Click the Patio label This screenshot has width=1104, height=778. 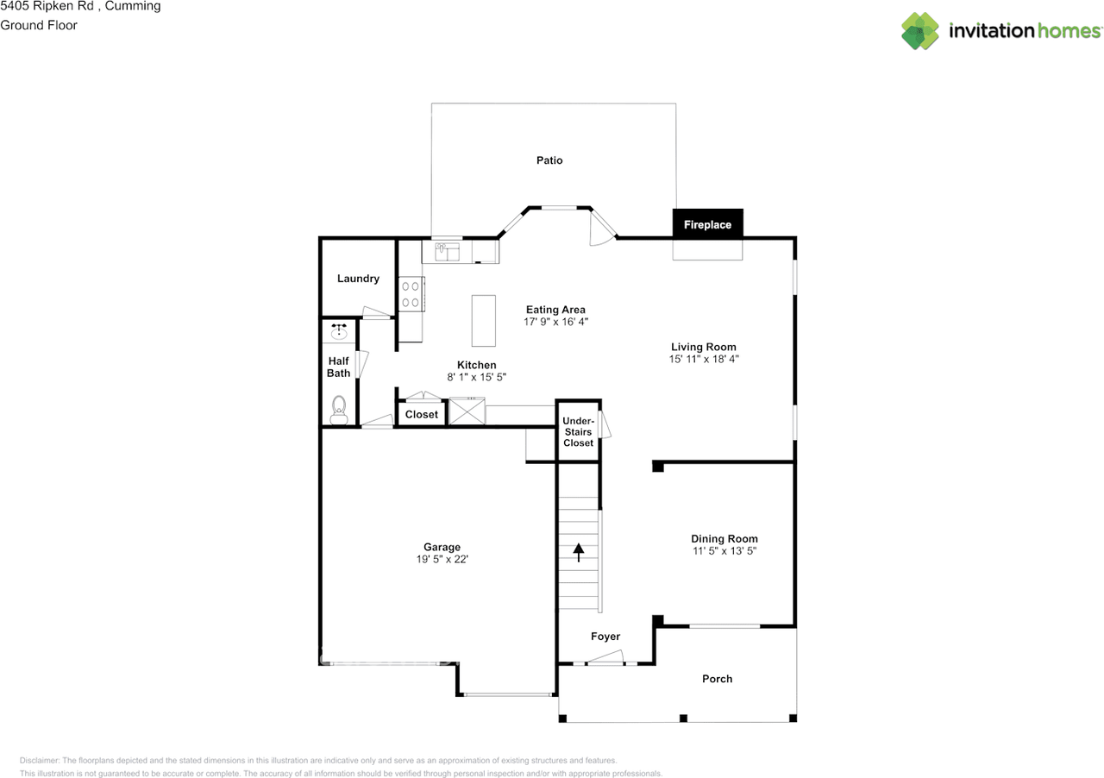pos(549,160)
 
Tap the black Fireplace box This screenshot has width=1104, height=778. pos(707,224)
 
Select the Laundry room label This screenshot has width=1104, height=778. pos(358,279)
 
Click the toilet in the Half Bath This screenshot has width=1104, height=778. pos(338,405)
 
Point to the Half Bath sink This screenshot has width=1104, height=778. pos(339,330)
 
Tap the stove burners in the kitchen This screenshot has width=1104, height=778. pos(411,293)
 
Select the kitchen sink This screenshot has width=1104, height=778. pos(447,252)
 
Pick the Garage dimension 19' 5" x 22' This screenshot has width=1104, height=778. pos(442,559)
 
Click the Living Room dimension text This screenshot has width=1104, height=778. pos(704,359)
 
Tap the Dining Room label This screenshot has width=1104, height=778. pos(724,539)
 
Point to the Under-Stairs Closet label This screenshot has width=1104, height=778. pos(578,432)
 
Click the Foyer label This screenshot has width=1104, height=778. pos(605,637)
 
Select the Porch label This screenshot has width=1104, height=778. pos(717,679)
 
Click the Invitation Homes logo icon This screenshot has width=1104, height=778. pos(920,31)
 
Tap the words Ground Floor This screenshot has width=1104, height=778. pos(39,25)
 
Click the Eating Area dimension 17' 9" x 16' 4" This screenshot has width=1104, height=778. pos(555,322)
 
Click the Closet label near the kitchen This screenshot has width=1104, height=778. pos(422,415)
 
